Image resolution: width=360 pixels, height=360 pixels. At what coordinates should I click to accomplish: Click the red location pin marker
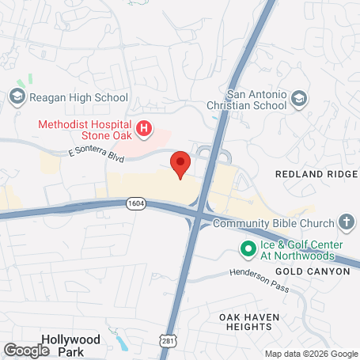coord(181,164)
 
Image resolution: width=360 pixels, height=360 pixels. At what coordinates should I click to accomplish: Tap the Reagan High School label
coord(77,97)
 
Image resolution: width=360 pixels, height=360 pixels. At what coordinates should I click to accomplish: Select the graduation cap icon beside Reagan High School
coord(17,97)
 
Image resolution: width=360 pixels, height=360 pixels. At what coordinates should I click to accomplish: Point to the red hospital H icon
coord(144,128)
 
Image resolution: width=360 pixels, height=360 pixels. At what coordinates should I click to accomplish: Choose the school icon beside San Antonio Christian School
coord(298,98)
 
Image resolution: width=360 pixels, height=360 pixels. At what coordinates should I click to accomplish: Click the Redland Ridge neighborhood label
coord(312,172)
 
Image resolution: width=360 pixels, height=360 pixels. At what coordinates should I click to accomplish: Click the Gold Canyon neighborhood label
coord(313,271)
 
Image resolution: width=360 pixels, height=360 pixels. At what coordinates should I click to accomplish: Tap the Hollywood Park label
coord(71,345)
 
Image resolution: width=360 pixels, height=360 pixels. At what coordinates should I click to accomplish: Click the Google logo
coord(26,350)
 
